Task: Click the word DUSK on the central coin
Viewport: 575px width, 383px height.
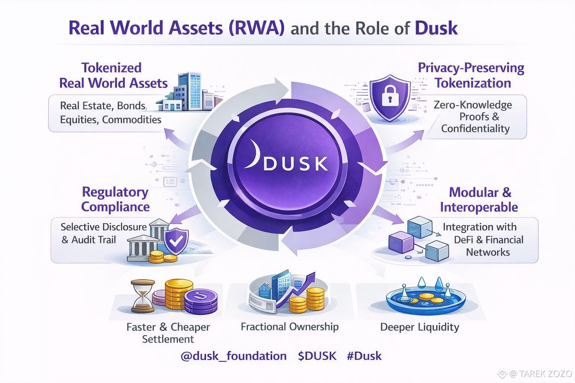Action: coord(295,163)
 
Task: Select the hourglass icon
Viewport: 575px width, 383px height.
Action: coord(143,297)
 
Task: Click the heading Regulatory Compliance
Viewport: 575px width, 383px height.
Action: coord(115,199)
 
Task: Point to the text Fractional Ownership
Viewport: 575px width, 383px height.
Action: coord(289,327)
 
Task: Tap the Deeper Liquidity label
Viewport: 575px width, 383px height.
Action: coord(419,327)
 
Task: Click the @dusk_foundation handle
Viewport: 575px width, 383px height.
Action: coord(234,355)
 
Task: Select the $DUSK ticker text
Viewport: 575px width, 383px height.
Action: coord(317,355)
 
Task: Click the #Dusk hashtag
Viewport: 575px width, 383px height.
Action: coord(364,355)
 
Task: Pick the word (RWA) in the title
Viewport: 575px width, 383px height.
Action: coord(256,28)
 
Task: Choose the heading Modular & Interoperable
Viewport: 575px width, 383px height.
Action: coord(479,199)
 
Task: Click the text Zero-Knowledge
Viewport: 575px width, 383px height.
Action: coord(472,105)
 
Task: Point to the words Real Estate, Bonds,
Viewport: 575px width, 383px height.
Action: coord(103,106)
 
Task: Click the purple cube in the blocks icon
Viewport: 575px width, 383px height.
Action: coord(401,242)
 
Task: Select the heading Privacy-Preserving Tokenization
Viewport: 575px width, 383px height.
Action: coord(472,75)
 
